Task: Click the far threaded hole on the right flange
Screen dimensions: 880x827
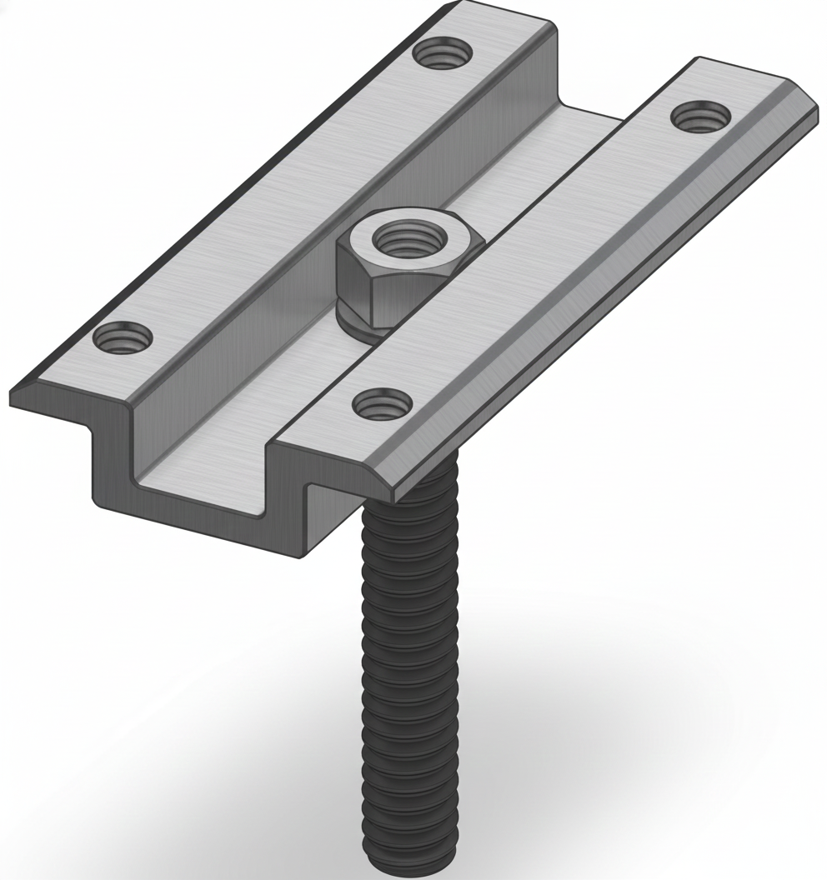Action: pyautogui.click(x=698, y=115)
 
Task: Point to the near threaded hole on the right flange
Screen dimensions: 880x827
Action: pyautogui.click(x=383, y=406)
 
